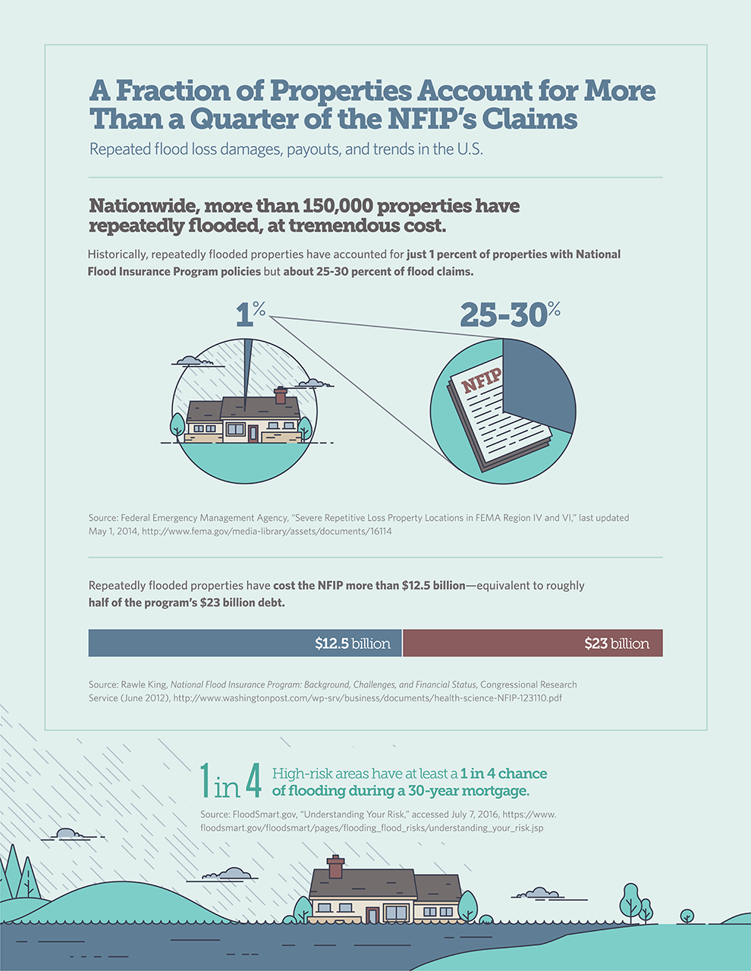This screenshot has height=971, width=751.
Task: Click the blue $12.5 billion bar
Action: coord(245,643)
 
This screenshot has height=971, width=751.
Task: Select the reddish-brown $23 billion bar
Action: coord(533,643)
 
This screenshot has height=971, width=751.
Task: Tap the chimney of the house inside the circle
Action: coord(281,395)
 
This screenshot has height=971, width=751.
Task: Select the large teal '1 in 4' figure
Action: coord(231,781)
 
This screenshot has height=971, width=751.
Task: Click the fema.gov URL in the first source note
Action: coord(266,531)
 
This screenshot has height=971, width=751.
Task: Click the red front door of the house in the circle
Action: coord(253,434)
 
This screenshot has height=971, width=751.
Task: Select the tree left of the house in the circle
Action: coord(178,424)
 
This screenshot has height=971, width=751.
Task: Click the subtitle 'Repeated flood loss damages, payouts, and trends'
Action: coord(286,149)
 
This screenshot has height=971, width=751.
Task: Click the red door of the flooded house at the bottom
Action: coord(372,915)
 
